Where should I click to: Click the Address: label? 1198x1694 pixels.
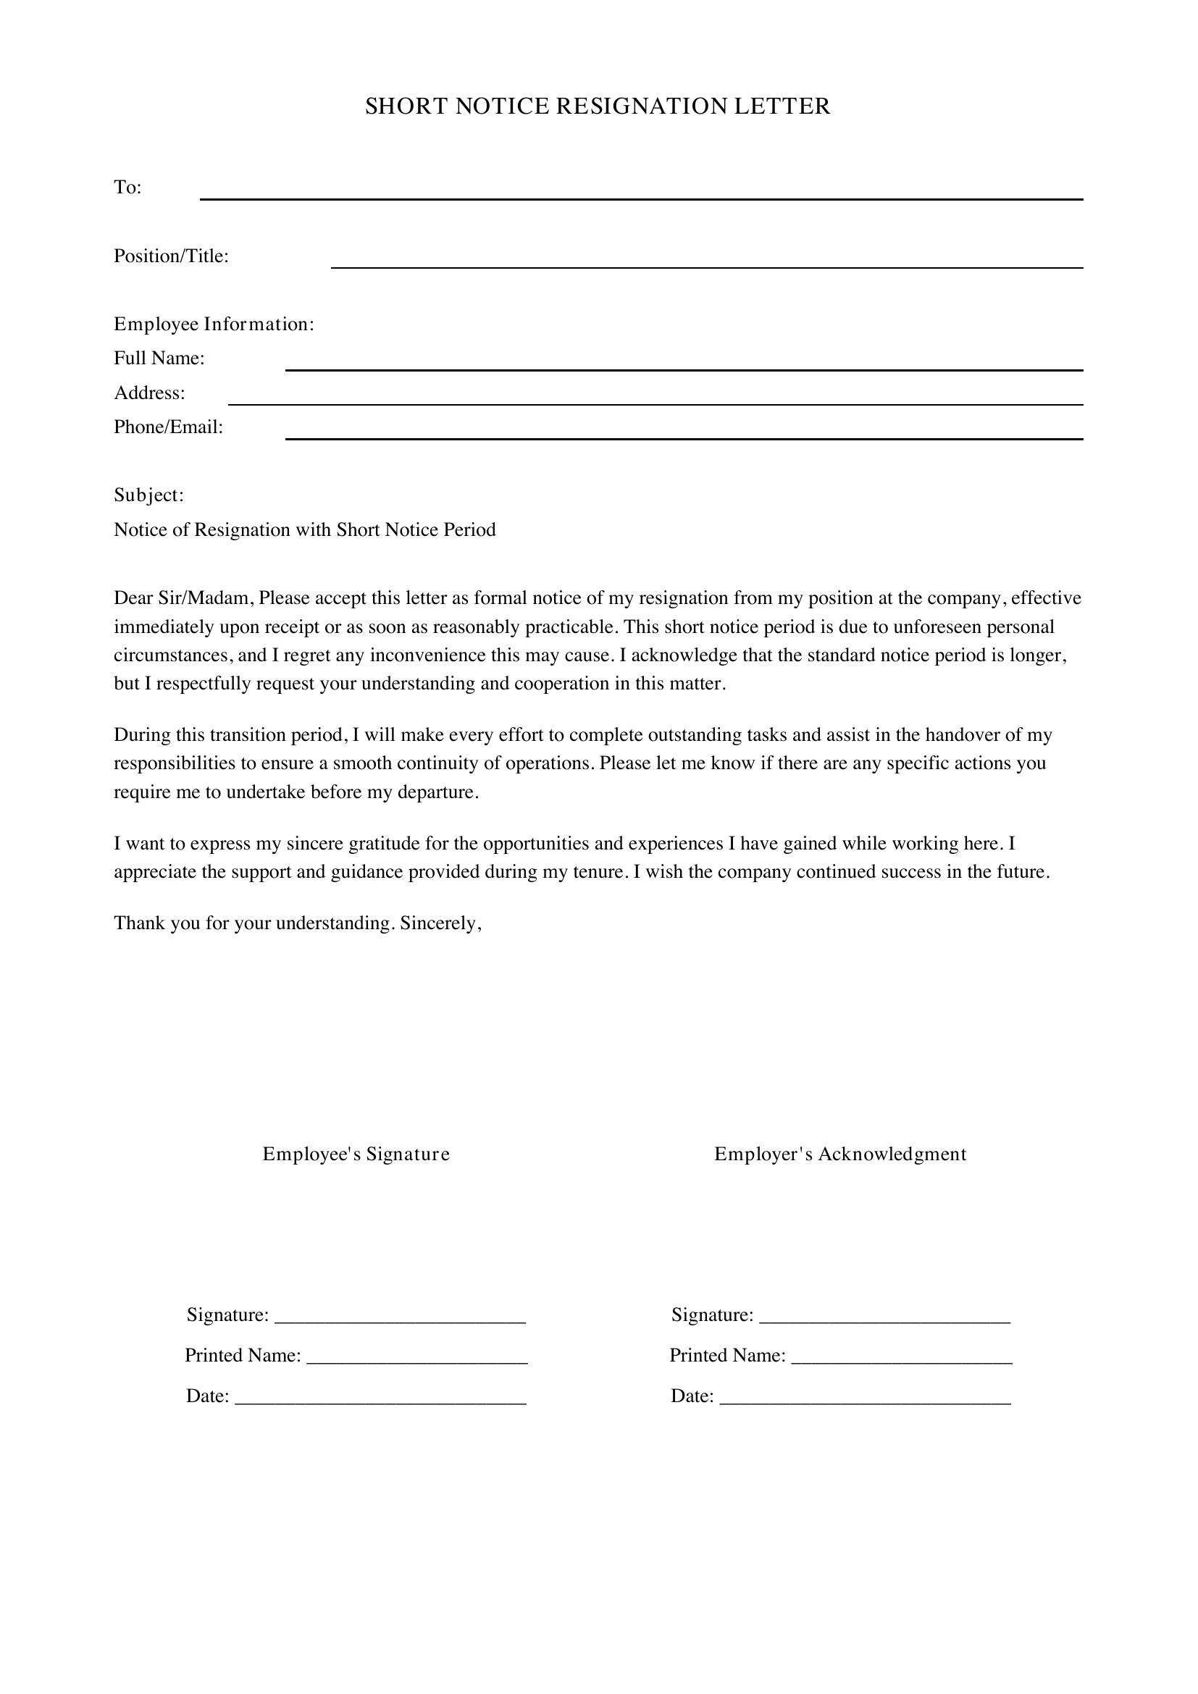[x=149, y=393]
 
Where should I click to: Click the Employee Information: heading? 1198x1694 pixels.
[x=214, y=324]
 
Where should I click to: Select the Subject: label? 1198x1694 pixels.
[x=148, y=495]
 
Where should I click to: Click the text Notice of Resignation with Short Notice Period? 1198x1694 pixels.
[x=305, y=529]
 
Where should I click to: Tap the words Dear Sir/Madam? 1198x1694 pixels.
[x=183, y=597]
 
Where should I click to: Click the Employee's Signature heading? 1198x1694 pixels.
[x=356, y=1154]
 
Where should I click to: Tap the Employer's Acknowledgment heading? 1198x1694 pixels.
[x=840, y=1154]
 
